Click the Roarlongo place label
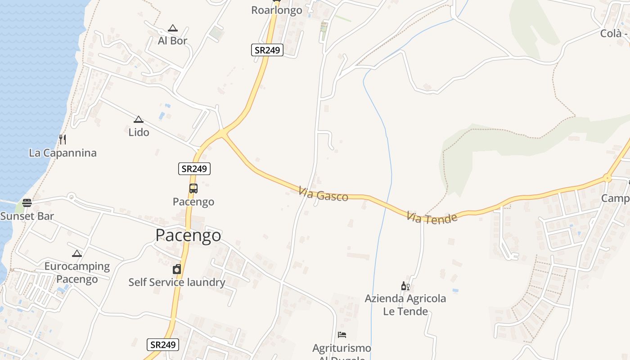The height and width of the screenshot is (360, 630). click(276, 10)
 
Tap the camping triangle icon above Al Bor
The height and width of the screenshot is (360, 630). click(172, 28)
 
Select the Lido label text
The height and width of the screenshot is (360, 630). click(139, 132)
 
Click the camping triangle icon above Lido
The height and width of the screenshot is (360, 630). click(139, 120)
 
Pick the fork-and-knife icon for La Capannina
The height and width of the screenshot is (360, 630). click(63, 139)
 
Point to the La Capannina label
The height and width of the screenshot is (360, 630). click(63, 153)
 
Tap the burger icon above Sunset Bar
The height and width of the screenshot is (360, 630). click(27, 202)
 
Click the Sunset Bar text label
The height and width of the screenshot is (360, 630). click(27, 216)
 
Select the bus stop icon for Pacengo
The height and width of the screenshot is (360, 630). click(193, 189)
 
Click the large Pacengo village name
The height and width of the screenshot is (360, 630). click(188, 235)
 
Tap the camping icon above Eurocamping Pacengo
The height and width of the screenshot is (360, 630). click(77, 253)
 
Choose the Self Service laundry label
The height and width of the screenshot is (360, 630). click(177, 282)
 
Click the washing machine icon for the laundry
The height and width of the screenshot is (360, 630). click(177, 270)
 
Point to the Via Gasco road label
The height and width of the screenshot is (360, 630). click(323, 195)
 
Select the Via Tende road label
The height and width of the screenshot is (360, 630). click(432, 218)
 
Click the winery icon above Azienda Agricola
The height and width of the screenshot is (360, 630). click(405, 286)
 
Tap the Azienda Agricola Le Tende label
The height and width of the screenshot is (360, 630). click(405, 305)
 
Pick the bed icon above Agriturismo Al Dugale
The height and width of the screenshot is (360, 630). click(342, 335)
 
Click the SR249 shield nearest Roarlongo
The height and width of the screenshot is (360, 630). click(267, 50)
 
